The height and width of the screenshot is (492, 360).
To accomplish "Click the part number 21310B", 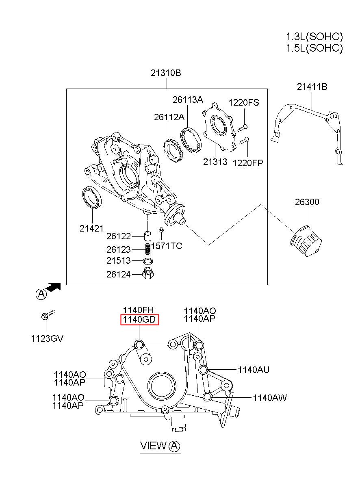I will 166,74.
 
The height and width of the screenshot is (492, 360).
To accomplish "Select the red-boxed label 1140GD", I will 139,320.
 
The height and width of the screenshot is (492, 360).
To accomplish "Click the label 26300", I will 307,202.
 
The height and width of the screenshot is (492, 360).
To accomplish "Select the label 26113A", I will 188,100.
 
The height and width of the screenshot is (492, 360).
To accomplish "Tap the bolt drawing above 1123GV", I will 47,315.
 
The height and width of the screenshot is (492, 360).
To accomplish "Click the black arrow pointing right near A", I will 53,287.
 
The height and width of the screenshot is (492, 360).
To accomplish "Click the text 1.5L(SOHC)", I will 314,48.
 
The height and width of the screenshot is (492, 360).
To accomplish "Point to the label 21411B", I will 312,87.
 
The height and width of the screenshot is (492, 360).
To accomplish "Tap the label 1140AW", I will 270,398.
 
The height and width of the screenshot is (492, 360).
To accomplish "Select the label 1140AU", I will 254,370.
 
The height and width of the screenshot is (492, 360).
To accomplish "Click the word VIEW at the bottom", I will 153,446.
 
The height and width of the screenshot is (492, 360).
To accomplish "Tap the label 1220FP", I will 248,163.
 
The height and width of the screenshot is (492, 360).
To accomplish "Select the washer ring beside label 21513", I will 148,260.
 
